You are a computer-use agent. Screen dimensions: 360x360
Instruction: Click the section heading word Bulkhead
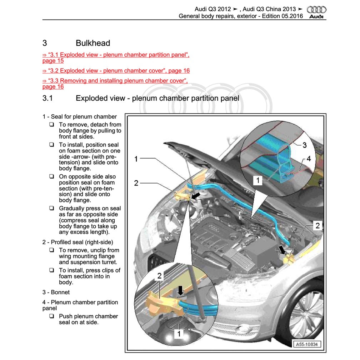93,43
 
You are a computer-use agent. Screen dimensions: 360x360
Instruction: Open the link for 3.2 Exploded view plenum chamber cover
116,71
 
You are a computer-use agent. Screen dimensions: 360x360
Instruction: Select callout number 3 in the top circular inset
304,145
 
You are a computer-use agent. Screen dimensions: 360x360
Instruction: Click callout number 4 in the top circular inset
308,158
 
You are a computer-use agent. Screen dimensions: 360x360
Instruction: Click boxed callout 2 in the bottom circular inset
160,275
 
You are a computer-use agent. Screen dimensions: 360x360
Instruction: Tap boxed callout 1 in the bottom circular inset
179,334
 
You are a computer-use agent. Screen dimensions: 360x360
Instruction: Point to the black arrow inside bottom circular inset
181,290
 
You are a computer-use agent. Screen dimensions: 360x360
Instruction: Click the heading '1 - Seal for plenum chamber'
79,117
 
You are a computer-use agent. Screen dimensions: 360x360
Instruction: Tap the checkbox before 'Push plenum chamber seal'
52,316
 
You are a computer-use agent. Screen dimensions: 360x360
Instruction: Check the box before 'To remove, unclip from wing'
52,250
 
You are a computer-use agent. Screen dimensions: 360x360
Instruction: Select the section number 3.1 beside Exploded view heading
47,98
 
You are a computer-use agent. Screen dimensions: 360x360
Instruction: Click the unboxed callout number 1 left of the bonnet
136,159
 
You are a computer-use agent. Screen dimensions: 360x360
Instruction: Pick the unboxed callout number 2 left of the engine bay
136,183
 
